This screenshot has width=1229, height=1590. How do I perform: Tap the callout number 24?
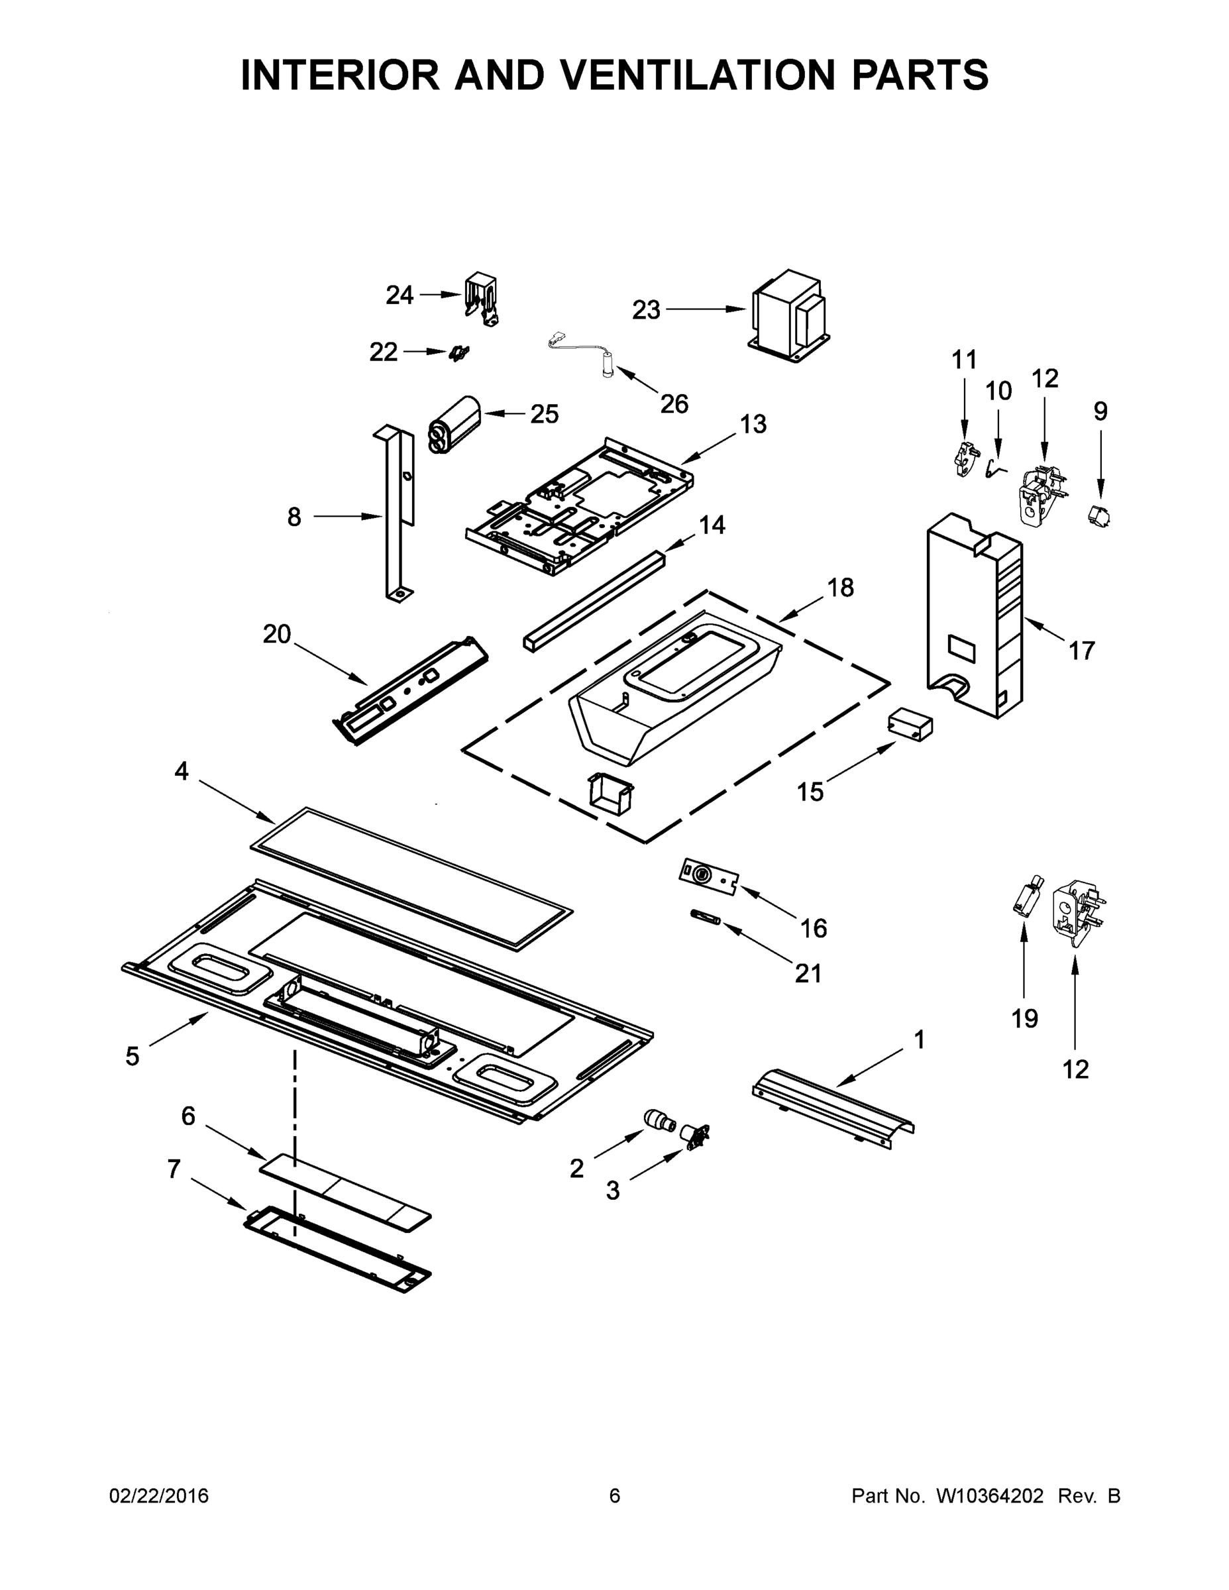pyautogui.click(x=399, y=295)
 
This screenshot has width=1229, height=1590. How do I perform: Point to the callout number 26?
pyautogui.click(x=674, y=403)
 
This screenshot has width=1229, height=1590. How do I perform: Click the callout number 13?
pyautogui.click(x=753, y=424)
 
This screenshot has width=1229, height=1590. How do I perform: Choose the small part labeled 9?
pyautogui.click(x=1098, y=517)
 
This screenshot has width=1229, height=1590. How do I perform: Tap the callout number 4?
pyautogui.click(x=182, y=771)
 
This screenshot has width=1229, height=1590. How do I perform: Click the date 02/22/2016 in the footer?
pyautogui.click(x=159, y=1495)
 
